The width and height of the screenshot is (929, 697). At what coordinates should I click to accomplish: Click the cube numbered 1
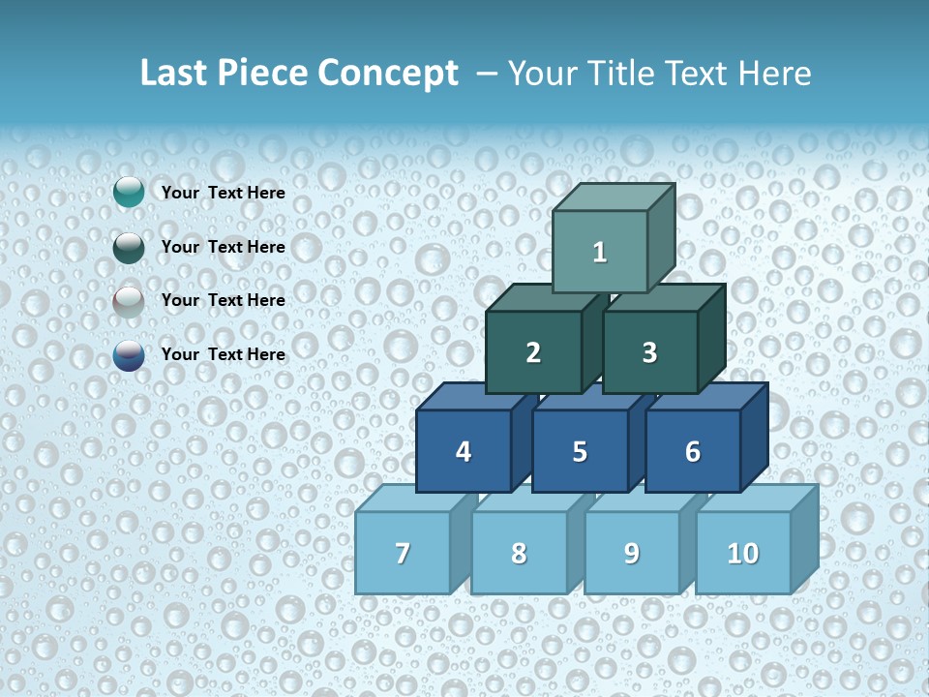coord(600,252)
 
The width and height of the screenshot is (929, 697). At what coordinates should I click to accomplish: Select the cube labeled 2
coord(533,352)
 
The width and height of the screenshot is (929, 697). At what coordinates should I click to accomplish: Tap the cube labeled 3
coord(649,352)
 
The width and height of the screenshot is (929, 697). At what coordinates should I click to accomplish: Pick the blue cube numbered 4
coord(464,451)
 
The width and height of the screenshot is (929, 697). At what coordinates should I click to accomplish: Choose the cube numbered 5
coord(580,451)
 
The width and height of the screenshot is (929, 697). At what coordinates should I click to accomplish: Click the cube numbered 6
coord(693,451)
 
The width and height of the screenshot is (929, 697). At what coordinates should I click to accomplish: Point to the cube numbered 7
coord(403,553)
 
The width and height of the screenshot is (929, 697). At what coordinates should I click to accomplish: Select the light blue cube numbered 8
coord(519,553)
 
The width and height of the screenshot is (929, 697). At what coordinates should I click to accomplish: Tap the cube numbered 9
coord(631,553)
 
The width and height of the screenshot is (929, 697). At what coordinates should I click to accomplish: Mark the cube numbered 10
coord(743,553)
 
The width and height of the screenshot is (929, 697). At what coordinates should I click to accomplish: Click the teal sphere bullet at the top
coord(129,193)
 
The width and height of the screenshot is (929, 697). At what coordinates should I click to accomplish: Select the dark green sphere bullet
coord(129,247)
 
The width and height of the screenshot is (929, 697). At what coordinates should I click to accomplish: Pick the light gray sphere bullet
coord(129,301)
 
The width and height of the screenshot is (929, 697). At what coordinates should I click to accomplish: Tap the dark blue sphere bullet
coord(129,355)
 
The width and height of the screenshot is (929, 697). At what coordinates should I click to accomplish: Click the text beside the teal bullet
coord(224,193)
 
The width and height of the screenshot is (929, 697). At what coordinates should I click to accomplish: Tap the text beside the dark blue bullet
coord(224,354)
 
